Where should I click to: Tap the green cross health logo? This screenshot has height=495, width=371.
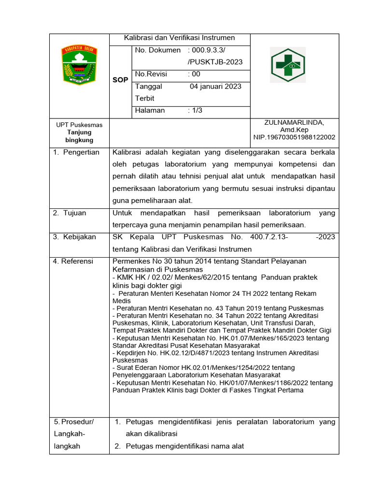pyautogui.click(x=287, y=65)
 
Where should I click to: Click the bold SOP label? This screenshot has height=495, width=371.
pyautogui.click(x=120, y=80)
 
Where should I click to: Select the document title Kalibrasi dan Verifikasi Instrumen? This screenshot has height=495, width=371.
pyautogui.click(x=179, y=38)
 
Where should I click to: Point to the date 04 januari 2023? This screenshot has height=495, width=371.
pyautogui.click(x=215, y=87)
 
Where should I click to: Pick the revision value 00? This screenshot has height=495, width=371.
pyautogui.click(x=196, y=74)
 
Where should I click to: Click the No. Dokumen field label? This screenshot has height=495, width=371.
pyautogui.click(x=158, y=50)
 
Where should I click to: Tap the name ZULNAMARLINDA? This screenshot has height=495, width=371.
pyautogui.click(x=294, y=122)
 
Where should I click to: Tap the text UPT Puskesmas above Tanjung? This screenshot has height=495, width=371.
pyautogui.click(x=79, y=125)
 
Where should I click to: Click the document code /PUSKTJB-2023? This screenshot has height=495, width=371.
pyautogui.click(x=215, y=62)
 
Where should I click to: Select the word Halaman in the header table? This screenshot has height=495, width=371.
pyautogui.click(x=150, y=110)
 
